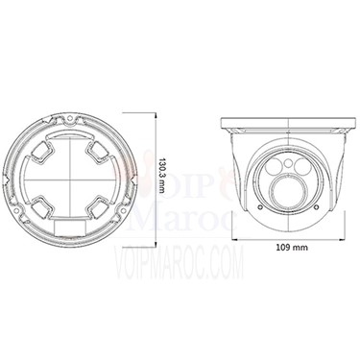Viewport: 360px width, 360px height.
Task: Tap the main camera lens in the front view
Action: (x=288, y=192)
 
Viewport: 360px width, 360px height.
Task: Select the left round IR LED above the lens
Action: (x=275, y=167)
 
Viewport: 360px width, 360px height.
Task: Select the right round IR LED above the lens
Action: (x=301, y=166)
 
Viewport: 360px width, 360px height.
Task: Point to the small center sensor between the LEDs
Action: (x=288, y=164)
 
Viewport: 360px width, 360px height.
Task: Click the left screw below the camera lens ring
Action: (x=260, y=207)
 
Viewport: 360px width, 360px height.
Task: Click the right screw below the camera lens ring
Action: (x=316, y=207)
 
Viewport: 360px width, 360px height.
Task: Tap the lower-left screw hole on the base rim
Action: (x=16, y=210)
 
